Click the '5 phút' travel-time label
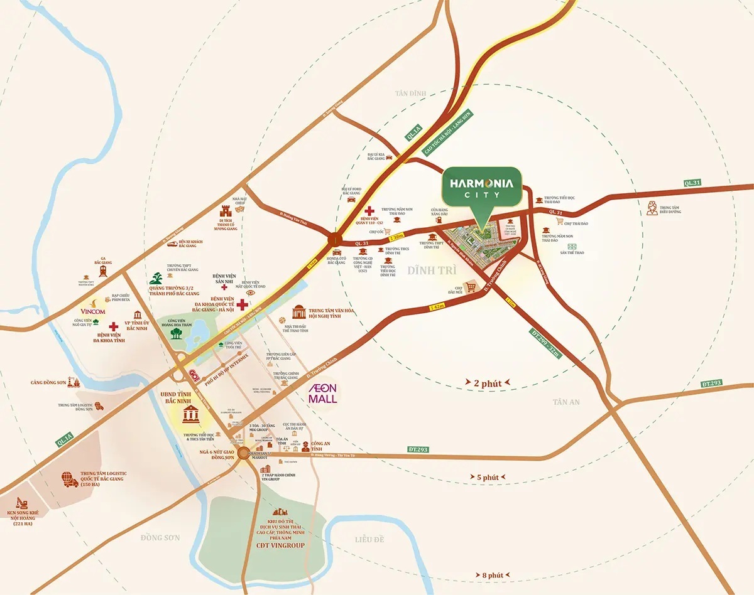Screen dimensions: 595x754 click(x=487, y=478)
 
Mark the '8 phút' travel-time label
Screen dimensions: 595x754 click(x=493, y=574)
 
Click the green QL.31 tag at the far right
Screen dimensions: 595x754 click(x=692, y=183)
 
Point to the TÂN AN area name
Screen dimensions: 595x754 click(x=567, y=402)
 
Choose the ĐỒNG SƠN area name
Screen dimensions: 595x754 click(x=160, y=538)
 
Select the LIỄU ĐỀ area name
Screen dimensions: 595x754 click(x=369, y=539)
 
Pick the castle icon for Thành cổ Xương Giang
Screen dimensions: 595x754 click(x=227, y=212)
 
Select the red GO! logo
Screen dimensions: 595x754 click(x=194, y=373)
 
